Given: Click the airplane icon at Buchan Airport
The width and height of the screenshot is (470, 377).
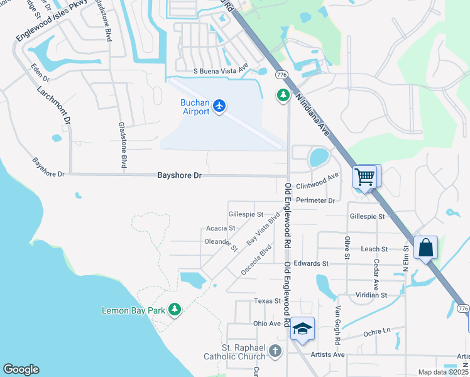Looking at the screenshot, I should point(219,106).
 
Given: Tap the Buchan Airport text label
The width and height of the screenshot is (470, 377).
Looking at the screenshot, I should point(195,107).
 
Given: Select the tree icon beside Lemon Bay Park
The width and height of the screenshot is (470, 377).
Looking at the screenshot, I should point(175,310).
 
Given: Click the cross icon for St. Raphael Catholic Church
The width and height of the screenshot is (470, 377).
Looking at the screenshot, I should point(275,351).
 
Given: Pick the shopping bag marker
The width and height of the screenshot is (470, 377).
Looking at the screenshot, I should point(426,248).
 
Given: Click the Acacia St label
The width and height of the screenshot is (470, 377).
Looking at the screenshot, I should point(220,229).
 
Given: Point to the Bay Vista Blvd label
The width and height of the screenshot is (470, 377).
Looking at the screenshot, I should point(263,230).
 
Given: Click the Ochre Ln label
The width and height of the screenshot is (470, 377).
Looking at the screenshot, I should point(377,331).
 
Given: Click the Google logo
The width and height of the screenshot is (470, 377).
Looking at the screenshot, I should point(21,369).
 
